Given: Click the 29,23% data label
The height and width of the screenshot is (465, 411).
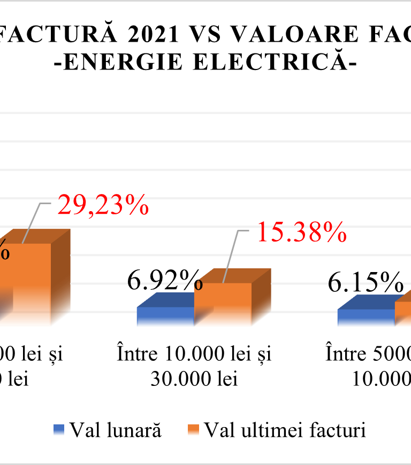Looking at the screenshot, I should pos(102,205).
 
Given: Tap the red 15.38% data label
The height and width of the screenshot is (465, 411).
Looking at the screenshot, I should pos(300,232).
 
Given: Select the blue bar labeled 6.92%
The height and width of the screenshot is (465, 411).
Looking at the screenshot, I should pos(165,316).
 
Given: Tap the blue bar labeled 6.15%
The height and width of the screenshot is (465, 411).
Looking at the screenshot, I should pos(366,317).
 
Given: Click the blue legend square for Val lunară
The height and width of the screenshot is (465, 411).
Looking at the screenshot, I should pos(59,429).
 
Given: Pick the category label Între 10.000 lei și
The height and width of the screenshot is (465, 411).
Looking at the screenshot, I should pos(194,354).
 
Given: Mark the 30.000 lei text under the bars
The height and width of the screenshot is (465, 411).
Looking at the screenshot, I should pos(194,378).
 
